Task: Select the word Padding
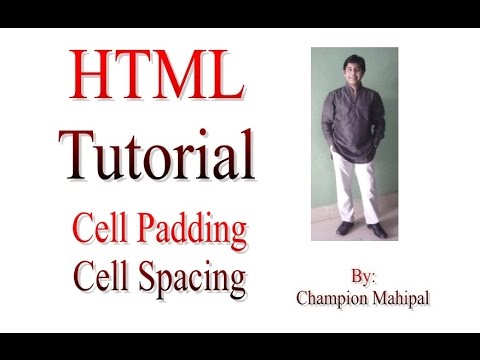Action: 194,231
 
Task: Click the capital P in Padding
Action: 152,231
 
